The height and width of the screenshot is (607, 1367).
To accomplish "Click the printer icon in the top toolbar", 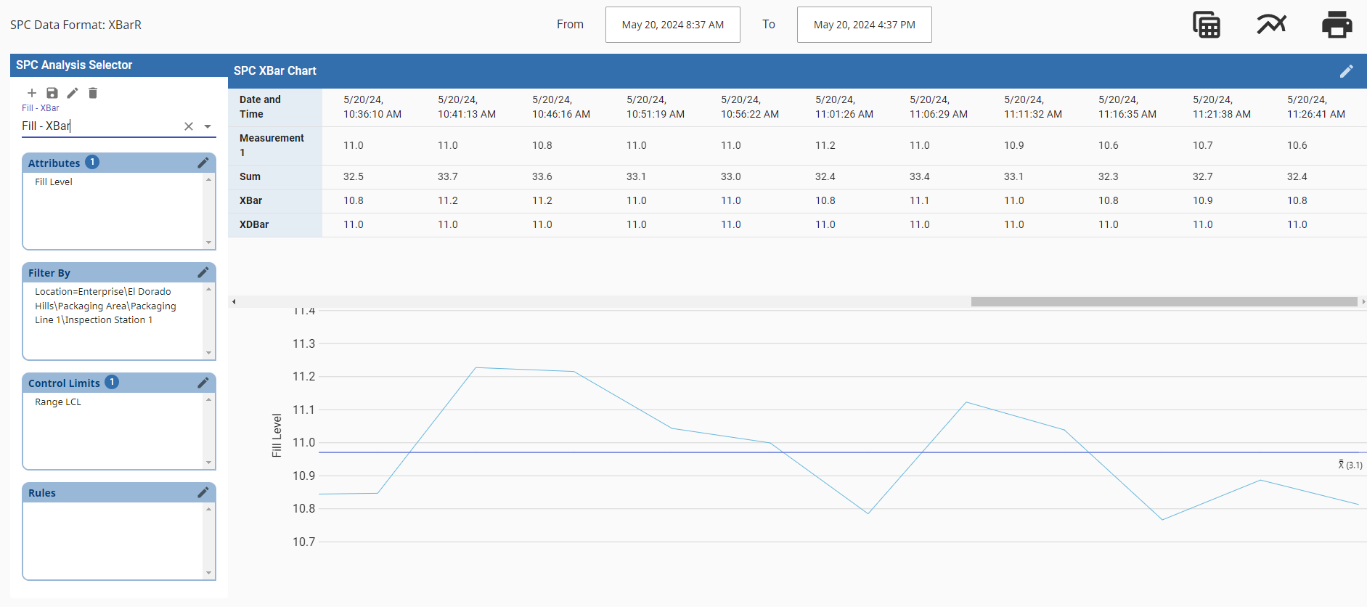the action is tap(1337, 25).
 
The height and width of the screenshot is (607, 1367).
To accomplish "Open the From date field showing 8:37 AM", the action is tap(672, 25).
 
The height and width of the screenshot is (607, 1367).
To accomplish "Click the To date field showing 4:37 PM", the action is tap(864, 25).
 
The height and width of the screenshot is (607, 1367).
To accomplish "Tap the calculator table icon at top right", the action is tap(1207, 25).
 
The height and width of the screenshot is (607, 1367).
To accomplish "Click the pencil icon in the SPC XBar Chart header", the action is tap(1346, 70).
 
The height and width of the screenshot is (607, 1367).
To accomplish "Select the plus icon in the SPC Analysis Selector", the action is tap(32, 93).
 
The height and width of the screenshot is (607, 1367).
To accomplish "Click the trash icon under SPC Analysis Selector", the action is tap(93, 93).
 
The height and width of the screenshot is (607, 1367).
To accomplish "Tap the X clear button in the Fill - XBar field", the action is tap(189, 126).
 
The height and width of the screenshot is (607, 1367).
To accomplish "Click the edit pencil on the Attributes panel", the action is tap(203, 163).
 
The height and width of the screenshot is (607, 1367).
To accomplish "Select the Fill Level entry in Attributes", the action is tap(54, 182).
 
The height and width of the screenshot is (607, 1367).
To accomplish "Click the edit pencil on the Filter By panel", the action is tap(203, 272).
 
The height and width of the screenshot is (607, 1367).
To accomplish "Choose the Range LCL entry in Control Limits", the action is tap(58, 402).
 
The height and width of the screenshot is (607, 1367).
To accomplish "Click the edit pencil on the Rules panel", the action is tap(203, 492).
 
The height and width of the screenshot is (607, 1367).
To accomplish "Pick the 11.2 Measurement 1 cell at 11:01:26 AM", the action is tap(825, 145).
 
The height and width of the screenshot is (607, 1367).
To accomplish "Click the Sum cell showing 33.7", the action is tap(448, 176).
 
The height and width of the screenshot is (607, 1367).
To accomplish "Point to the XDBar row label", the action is tap(254, 224).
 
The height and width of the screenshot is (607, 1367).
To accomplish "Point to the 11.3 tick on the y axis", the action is tap(304, 343).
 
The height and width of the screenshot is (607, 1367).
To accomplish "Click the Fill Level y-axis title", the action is tap(277, 435).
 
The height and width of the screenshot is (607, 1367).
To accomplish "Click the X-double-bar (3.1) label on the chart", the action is tap(1350, 465).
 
